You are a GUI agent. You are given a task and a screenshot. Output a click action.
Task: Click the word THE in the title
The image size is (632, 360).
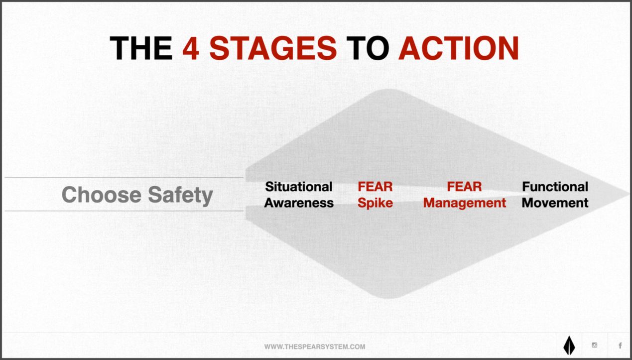coord(141,48)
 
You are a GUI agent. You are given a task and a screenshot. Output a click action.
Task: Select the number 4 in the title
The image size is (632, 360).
coord(191,48)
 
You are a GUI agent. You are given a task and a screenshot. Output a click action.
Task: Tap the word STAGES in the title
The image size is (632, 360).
coord(273,48)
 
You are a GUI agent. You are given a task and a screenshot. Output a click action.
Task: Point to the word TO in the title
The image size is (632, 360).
coord(368,48)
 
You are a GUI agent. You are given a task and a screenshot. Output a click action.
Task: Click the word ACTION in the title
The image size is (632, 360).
coord(459,48)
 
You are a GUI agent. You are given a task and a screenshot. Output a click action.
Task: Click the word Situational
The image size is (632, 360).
coord(298,187)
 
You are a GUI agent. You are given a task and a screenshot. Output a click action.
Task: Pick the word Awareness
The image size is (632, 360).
coord(299,203)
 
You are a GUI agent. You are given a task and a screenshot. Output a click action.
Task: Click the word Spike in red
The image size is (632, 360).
coord(375,203)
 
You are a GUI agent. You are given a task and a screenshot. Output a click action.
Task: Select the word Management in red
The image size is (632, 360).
coord(465,203)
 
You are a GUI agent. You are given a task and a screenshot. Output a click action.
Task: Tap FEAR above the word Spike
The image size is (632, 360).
coord(375,187)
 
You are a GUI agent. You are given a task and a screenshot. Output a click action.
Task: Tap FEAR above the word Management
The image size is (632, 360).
coord(464,187)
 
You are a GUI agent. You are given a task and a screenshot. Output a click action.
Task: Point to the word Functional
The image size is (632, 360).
coord(555,187)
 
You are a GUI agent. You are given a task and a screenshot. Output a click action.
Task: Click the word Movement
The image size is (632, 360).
coord(555,203)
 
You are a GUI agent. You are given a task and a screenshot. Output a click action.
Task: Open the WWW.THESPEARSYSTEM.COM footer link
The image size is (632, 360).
coord(315,347)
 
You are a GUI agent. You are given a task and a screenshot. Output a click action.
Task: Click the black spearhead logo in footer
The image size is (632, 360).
coord(569,346)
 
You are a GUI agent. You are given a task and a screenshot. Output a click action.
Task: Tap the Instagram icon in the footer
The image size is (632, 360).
coord(594,346)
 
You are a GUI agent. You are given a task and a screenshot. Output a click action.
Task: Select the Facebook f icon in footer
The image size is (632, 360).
coord(620,346)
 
